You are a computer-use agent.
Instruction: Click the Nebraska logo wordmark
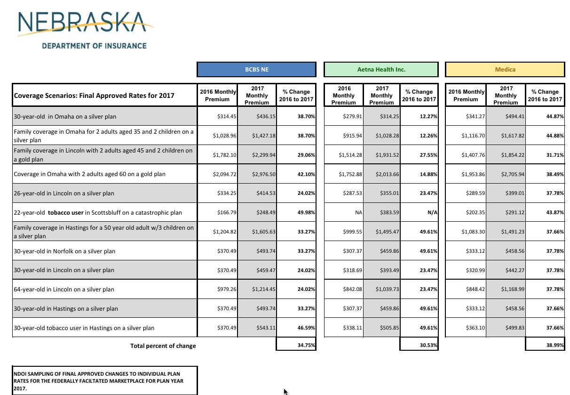85,22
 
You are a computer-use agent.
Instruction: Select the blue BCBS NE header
256,69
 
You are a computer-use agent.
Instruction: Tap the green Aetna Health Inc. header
381,69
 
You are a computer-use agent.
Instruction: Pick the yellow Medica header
505,69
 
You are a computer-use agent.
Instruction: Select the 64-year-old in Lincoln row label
64,290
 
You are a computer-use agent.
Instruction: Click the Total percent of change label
163,346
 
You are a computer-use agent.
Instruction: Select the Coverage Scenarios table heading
94,96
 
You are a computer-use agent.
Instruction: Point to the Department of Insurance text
94,46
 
